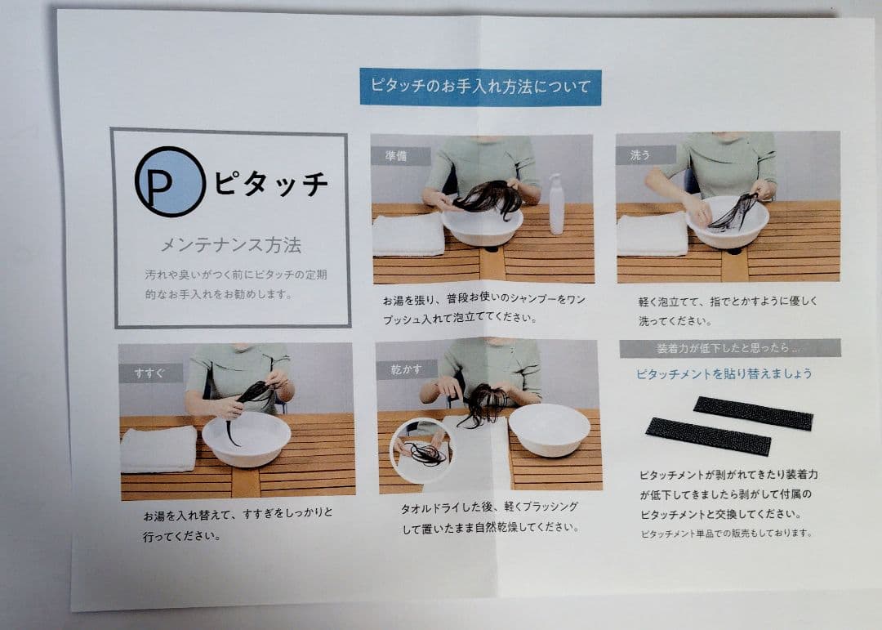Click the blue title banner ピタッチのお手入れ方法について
(x=480, y=87)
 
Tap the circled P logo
(x=170, y=181)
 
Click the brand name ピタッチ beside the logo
(x=271, y=184)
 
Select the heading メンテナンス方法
(x=230, y=244)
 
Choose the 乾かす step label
(x=405, y=369)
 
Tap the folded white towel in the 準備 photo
(x=408, y=235)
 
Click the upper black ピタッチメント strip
(x=752, y=413)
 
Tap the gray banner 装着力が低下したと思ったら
(x=729, y=348)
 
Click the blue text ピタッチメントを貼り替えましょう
(x=724, y=374)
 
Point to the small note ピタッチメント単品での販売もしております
(x=726, y=533)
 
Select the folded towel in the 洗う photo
(x=652, y=235)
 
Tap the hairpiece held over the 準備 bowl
(x=488, y=198)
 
